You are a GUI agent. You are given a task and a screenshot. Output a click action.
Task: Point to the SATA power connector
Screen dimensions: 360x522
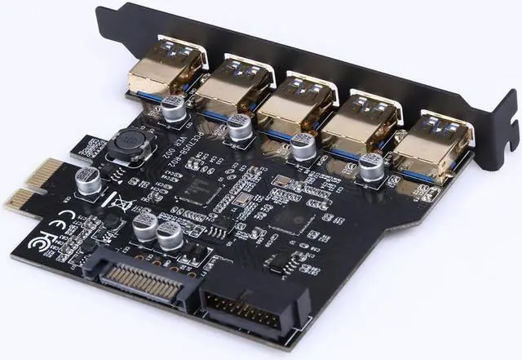(x=147, y=278)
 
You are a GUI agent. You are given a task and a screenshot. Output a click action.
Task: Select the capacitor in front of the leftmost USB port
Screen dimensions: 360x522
(x=174, y=109)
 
